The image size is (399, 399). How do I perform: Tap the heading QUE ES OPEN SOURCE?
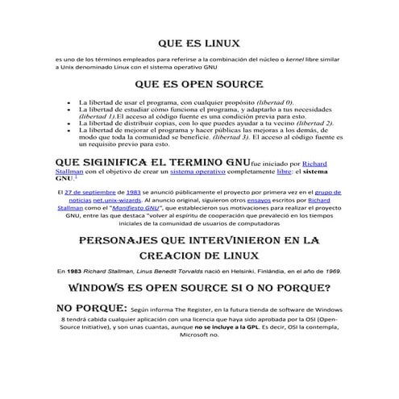pos(199,84)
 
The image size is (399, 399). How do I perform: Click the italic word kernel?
pos(280,60)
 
